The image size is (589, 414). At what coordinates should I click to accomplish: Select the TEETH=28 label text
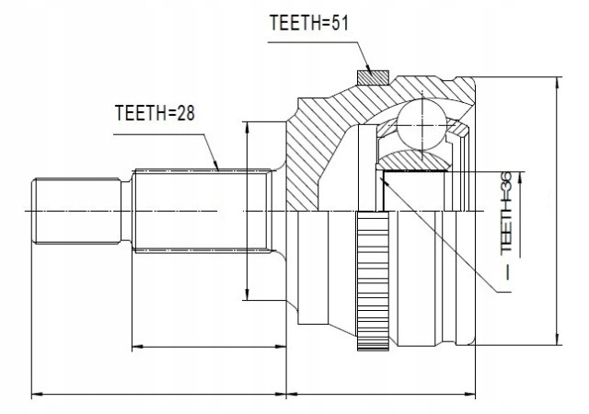coord(156,113)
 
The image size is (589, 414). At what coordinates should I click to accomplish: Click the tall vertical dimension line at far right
coord(556,212)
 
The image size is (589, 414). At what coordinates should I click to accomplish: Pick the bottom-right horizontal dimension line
coord(381,395)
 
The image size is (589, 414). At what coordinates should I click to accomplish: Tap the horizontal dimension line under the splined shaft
coord(208,346)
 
